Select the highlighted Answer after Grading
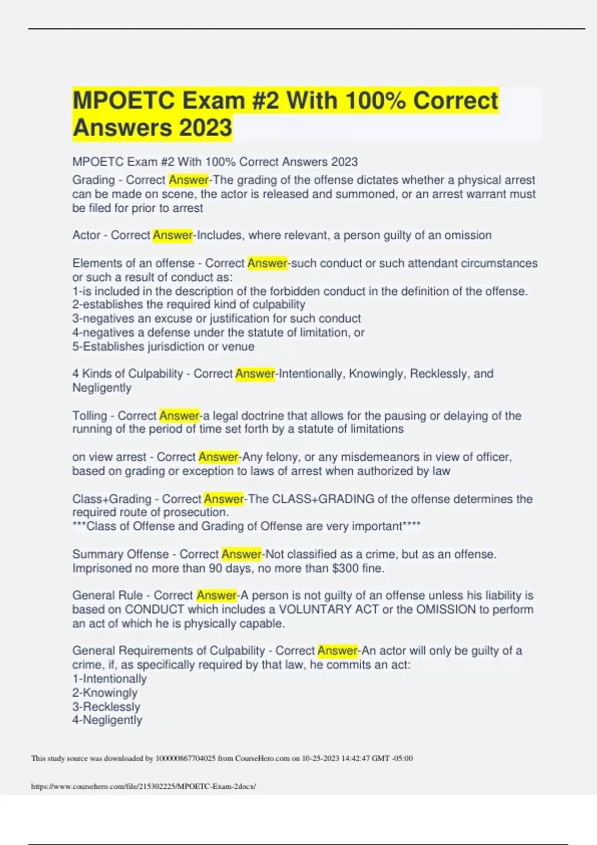pyautogui.click(x=189, y=180)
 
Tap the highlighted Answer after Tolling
pyautogui.click(x=179, y=416)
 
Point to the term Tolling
pyautogui.click(x=90, y=416)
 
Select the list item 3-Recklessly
pyautogui.click(x=106, y=706)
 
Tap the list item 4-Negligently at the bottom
pyautogui.click(x=107, y=720)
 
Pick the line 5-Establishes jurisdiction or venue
pyautogui.click(x=163, y=346)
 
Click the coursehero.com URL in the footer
pyautogui.click(x=143, y=786)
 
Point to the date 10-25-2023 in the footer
pyautogui.click(x=320, y=759)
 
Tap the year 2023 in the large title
pyautogui.click(x=205, y=127)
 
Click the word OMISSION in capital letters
pyautogui.click(x=446, y=609)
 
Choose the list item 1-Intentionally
pyautogui.click(x=109, y=678)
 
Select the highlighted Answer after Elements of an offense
pyautogui.click(x=267, y=263)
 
